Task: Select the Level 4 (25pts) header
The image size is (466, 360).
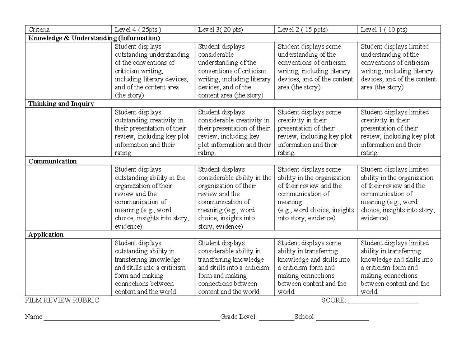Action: (137, 30)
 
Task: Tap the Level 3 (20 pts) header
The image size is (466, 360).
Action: (221, 30)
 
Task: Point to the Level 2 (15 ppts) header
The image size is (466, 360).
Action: (303, 30)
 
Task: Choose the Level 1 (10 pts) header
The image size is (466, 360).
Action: (384, 30)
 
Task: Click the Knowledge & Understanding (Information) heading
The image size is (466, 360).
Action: (93, 38)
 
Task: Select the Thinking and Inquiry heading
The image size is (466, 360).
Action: (61, 104)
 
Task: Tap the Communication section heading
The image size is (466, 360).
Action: (52, 161)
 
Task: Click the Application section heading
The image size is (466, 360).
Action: (46, 235)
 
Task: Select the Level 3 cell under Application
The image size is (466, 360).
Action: (234, 267)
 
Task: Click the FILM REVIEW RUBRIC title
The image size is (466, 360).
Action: (62, 300)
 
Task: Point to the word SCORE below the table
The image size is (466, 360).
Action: (333, 300)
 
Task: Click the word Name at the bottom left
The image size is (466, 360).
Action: (33, 317)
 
